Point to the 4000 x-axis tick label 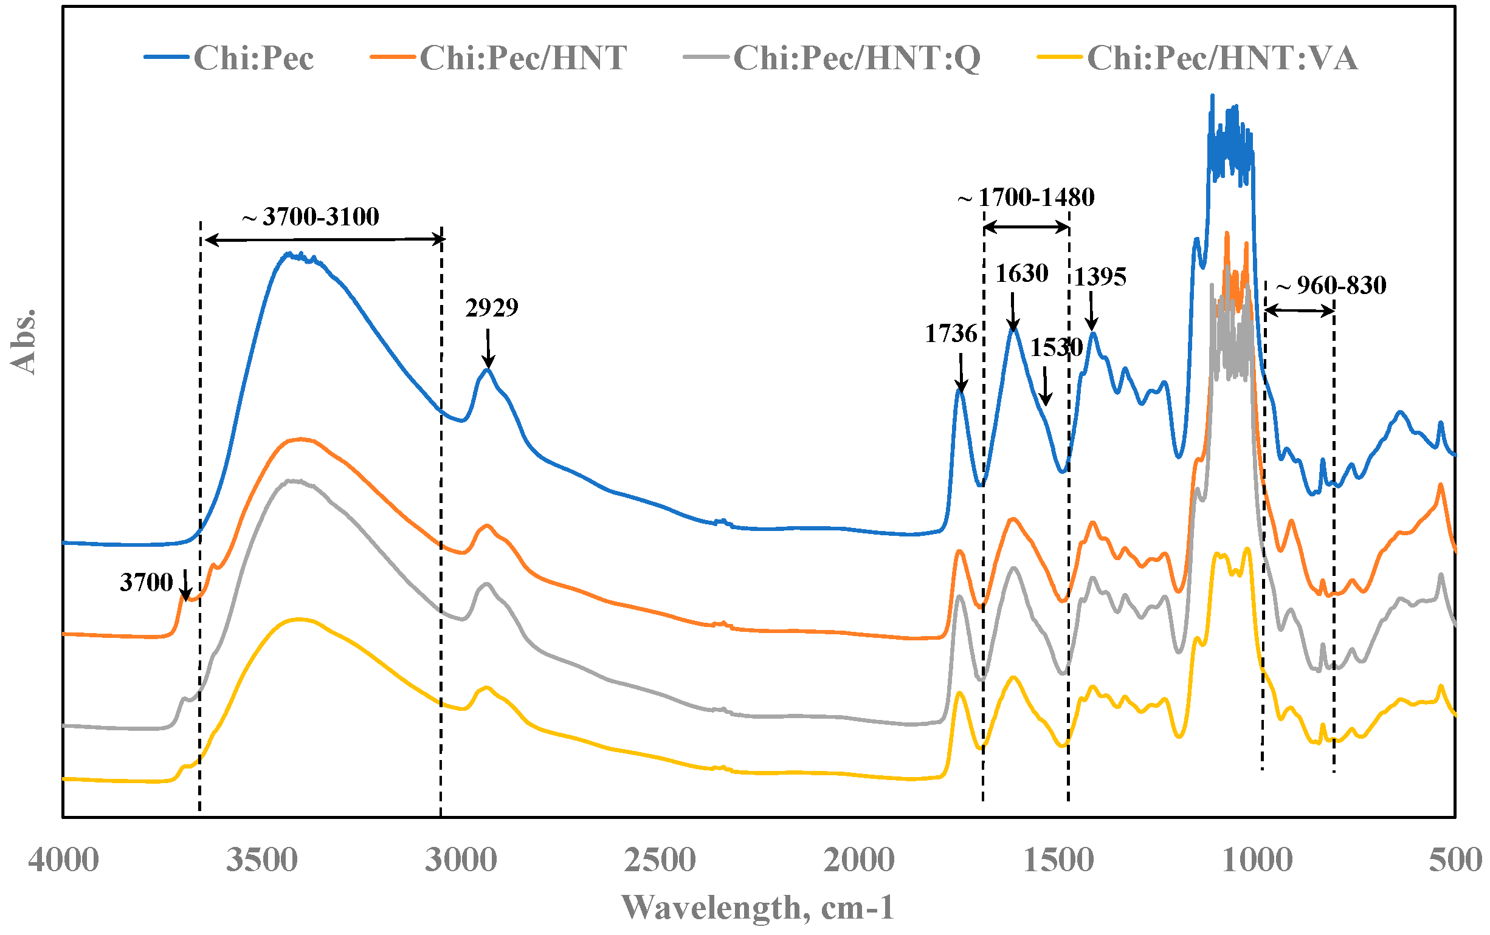[63, 860]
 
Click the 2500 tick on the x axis [660, 860]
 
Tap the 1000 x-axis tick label [1257, 860]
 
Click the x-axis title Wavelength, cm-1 [757, 908]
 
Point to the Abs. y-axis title [24, 342]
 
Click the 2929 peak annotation [491, 307]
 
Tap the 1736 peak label [951, 334]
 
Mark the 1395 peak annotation [1100, 276]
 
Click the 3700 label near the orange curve [146, 583]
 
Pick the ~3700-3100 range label [311, 217]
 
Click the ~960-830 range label [1331, 286]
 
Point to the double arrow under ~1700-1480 [1027, 228]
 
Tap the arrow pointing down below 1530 [1045, 386]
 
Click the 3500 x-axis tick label [262, 860]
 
